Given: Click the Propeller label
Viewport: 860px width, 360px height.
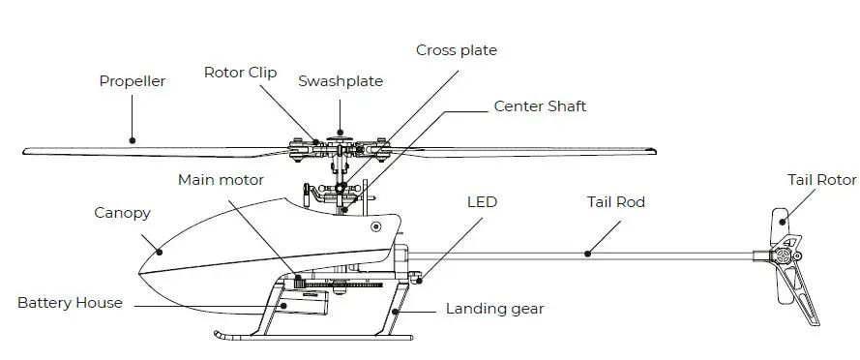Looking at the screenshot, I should (x=132, y=81).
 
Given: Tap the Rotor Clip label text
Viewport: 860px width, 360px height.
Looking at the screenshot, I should (x=240, y=72).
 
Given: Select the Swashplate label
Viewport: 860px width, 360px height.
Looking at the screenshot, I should (x=340, y=80).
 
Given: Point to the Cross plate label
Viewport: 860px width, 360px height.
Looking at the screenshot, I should (x=456, y=49).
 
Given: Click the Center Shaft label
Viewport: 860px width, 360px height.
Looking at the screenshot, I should (x=540, y=105).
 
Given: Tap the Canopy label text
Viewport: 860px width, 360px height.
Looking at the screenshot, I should (x=122, y=212).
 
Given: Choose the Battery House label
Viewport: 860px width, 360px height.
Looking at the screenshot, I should (x=70, y=303).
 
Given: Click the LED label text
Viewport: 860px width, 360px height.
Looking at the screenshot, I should (x=482, y=202).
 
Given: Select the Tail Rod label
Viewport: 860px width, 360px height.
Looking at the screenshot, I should (x=615, y=202).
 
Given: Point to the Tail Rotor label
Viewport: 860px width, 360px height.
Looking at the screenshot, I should (x=821, y=180).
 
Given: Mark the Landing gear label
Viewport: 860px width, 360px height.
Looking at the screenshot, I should (x=494, y=309).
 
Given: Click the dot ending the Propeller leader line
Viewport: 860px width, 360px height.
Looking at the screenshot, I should (x=133, y=140).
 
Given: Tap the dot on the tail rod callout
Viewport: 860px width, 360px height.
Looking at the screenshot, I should (x=587, y=254).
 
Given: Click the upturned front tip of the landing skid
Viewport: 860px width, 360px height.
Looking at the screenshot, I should (x=216, y=337).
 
